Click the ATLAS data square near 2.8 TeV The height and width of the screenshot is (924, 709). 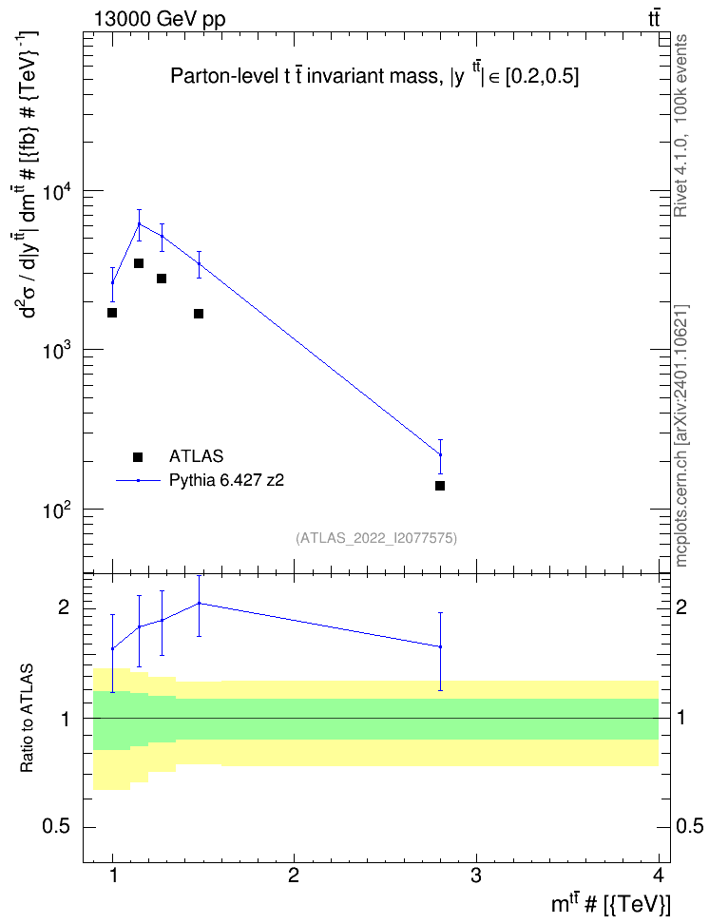click(440, 486)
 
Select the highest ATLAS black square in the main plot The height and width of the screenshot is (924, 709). click(139, 262)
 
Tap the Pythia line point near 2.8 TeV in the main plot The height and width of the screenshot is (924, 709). click(440, 454)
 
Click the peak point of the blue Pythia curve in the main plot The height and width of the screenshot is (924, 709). click(139, 223)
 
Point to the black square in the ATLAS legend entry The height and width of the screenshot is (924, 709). click(138, 456)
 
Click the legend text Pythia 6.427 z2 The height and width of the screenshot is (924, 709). click(226, 480)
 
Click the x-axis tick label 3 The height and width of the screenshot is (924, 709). click(475, 876)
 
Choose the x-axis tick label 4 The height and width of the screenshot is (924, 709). click(659, 876)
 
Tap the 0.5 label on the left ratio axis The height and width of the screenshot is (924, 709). click(56, 827)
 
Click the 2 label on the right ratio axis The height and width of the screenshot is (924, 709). click(681, 606)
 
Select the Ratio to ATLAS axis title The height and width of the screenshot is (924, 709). click(27, 718)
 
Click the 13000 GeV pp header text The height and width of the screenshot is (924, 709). click(159, 20)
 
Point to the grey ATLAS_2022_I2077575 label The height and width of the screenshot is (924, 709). click(376, 537)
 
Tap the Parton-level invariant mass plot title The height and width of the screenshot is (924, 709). click(374, 75)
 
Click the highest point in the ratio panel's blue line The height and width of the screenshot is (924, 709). click(200, 603)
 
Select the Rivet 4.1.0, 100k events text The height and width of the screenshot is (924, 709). click(680, 125)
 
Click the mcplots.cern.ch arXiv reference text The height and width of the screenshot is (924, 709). click(680, 435)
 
